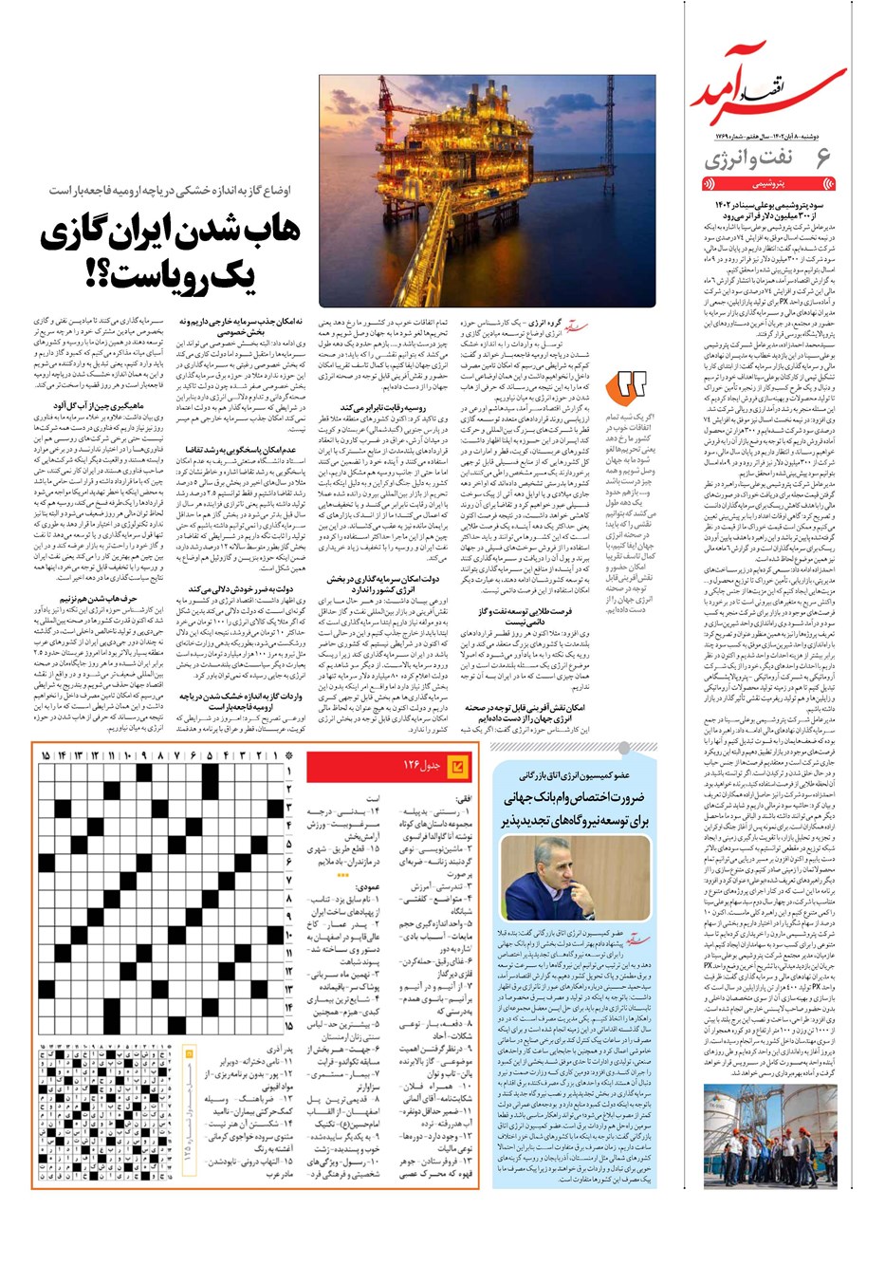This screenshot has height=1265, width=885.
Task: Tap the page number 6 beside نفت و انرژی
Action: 821,158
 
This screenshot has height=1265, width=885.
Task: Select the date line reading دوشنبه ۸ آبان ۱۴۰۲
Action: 767,138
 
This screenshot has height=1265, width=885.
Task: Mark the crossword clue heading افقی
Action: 464,799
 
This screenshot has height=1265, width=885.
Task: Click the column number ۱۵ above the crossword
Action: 46,755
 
